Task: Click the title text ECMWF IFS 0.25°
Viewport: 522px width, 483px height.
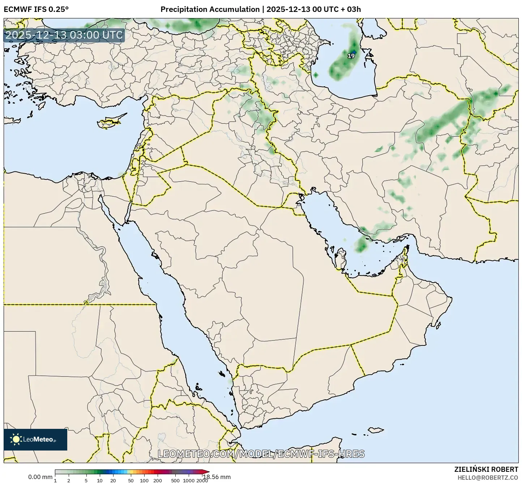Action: (x=36, y=9)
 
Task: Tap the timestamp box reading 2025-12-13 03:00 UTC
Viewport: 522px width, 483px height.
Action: (x=64, y=35)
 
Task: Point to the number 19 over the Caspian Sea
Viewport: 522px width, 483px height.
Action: (x=351, y=56)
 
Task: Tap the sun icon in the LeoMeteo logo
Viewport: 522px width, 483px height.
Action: (x=16, y=439)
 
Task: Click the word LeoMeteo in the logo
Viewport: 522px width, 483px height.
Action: (x=38, y=440)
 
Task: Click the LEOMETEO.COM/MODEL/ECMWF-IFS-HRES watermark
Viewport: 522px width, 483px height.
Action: (x=261, y=454)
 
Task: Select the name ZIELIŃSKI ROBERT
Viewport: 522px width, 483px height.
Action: (x=486, y=469)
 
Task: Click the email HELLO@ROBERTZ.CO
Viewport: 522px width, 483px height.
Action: (x=488, y=477)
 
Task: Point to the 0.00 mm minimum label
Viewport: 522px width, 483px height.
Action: (x=40, y=477)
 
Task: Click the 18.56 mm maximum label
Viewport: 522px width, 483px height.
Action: (x=217, y=477)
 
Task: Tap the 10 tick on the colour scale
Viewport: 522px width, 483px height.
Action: (x=100, y=480)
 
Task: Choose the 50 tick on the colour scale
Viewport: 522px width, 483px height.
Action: (x=131, y=480)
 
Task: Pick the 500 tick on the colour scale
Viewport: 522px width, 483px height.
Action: (x=175, y=480)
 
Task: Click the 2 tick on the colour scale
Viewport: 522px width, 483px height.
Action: (x=69, y=480)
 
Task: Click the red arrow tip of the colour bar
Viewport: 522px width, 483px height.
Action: (x=207, y=471)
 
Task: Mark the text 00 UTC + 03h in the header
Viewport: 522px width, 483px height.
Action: (x=337, y=9)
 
